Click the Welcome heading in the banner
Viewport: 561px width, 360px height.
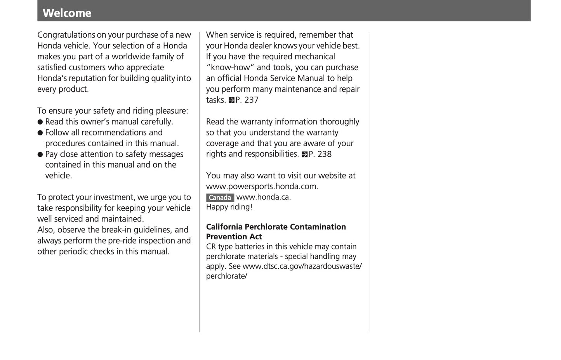click(x=67, y=13)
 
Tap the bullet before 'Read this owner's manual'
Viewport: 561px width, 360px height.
click(x=40, y=122)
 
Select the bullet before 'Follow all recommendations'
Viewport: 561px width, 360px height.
click(x=40, y=133)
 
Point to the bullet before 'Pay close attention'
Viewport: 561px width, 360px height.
click(x=40, y=155)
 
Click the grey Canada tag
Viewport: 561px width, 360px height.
click(x=220, y=197)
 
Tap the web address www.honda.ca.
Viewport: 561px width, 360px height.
click(x=263, y=197)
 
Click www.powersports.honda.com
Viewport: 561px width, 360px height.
click(x=262, y=187)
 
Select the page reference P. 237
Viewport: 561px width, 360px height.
click(x=247, y=100)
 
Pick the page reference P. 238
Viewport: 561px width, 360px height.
click(x=320, y=154)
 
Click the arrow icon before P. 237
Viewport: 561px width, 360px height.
click(x=231, y=100)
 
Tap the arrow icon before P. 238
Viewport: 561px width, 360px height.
click(x=304, y=154)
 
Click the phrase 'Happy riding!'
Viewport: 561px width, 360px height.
click(x=229, y=207)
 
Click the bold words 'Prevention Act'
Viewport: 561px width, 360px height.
click(x=234, y=237)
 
